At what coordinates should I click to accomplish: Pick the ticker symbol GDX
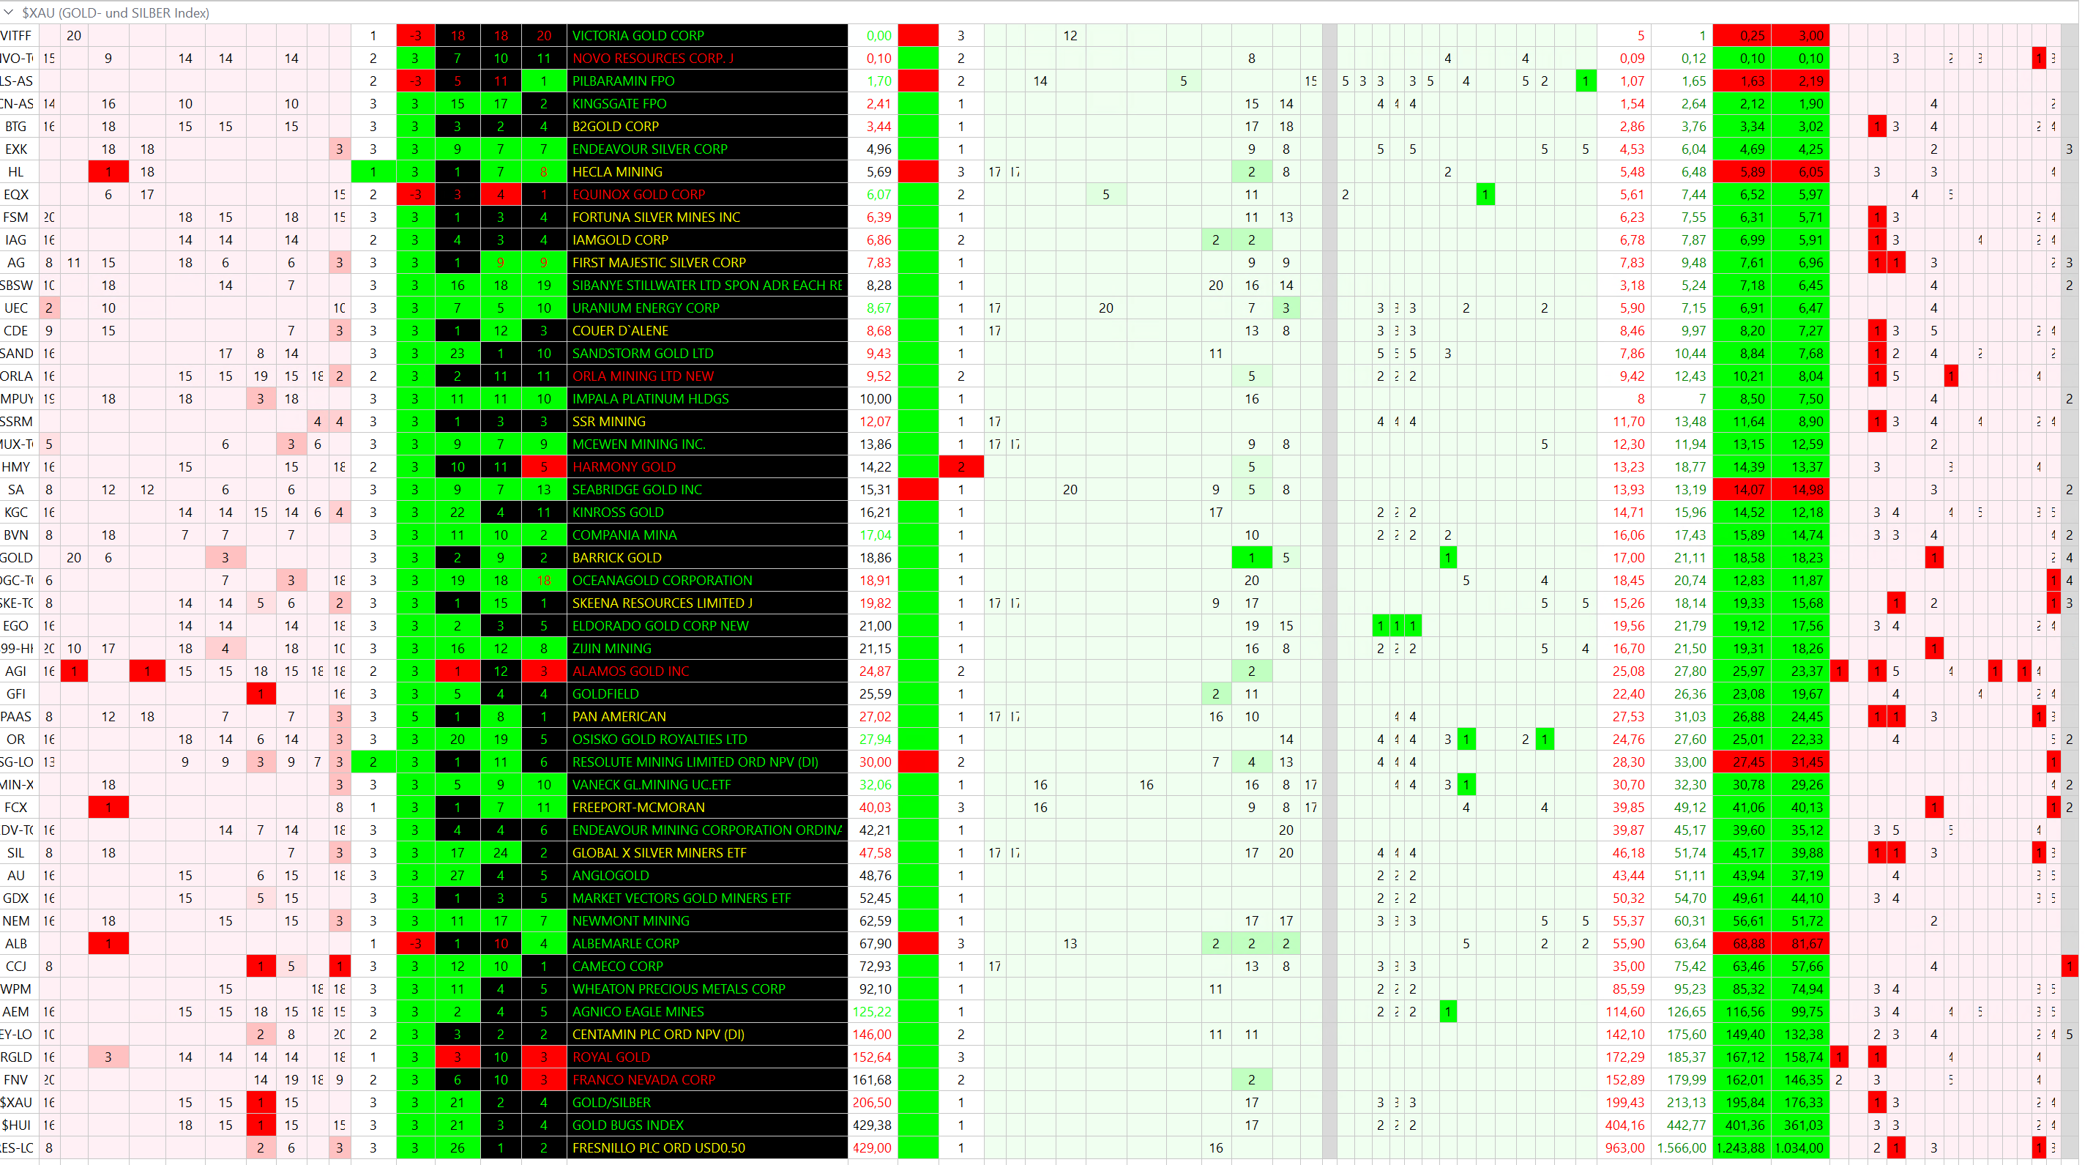(x=16, y=898)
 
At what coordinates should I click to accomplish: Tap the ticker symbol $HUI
(x=16, y=1125)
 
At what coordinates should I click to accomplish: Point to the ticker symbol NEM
(x=16, y=921)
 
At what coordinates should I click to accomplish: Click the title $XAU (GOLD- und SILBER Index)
(x=116, y=13)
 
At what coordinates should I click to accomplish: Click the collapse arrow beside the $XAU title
(x=9, y=13)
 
